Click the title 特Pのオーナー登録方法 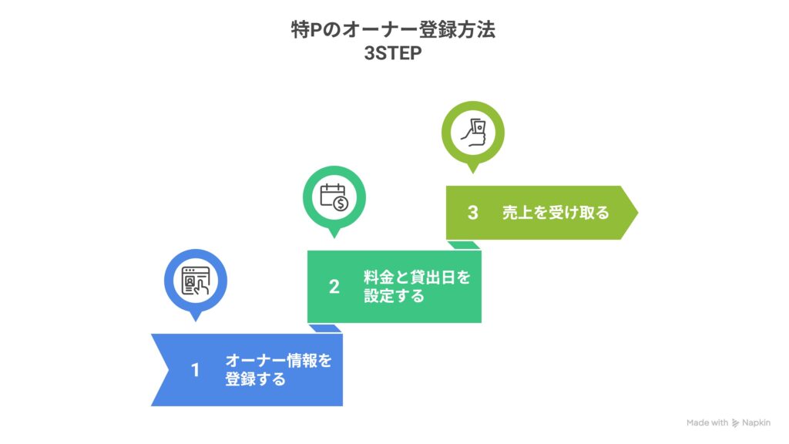click(x=393, y=29)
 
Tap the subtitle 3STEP click(x=393, y=53)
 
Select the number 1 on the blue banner click(x=195, y=371)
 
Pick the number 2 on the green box click(x=334, y=287)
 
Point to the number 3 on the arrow click(x=472, y=213)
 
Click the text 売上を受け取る click(x=556, y=213)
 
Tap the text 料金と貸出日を click(x=417, y=277)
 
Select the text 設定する click(x=394, y=296)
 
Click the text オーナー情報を click(x=278, y=361)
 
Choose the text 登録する click(x=255, y=379)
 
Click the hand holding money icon click(x=474, y=133)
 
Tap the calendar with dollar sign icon click(x=334, y=197)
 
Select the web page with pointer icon click(x=196, y=281)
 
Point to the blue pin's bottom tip click(x=196, y=321)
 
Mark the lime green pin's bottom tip click(x=472, y=173)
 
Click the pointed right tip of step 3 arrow click(x=637, y=213)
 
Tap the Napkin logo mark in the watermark click(x=735, y=423)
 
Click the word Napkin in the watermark click(x=756, y=423)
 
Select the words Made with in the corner click(x=707, y=423)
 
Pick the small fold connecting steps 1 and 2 click(x=325, y=328)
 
